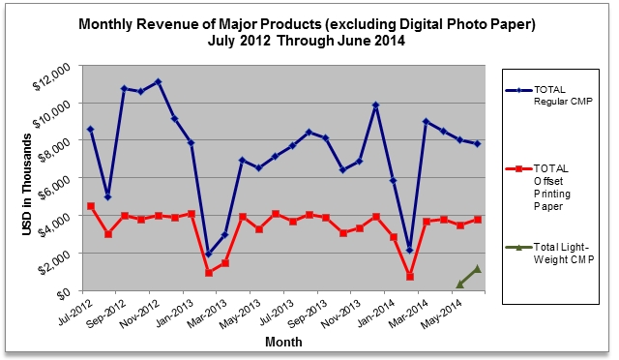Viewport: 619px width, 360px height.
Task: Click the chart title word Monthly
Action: (x=105, y=24)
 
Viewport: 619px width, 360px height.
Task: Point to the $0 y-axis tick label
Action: (x=64, y=295)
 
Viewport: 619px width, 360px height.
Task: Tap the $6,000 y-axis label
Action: (x=54, y=188)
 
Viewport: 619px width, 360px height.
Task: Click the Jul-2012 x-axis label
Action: (x=75, y=314)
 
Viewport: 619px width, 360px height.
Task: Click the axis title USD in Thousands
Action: (x=27, y=185)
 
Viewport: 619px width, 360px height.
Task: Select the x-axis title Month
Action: (x=283, y=342)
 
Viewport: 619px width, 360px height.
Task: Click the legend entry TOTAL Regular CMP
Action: (x=548, y=95)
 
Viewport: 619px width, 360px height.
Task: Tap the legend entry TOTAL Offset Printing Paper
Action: (x=539, y=188)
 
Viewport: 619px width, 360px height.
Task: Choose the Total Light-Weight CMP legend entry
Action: (x=549, y=254)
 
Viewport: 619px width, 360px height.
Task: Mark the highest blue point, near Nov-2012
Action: (x=159, y=82)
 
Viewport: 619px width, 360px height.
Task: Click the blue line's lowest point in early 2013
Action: (x=209, y=254)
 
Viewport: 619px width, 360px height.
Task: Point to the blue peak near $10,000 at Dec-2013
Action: (x=376, y=105)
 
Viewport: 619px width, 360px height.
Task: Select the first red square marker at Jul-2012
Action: (x=91, y=206)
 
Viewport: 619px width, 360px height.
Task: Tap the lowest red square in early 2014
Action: (x=410, y=277)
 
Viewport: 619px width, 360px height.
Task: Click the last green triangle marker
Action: (x=477, y=269)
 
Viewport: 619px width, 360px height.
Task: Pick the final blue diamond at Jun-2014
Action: (x=477, y=144)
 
